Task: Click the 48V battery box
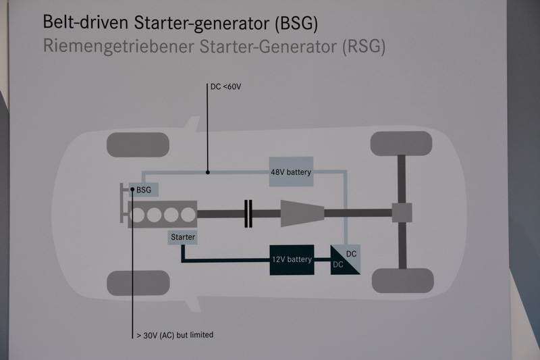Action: pos(291,173)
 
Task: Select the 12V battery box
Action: pos(292,259)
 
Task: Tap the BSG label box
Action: pos(144,190)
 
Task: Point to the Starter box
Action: pos(183,238)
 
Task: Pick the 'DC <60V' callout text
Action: pos(226,86)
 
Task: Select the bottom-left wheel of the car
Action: pos(138,283)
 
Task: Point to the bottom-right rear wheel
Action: pos(402,280)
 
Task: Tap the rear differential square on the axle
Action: pos(402,213)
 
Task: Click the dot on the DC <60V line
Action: pos(208,172)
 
